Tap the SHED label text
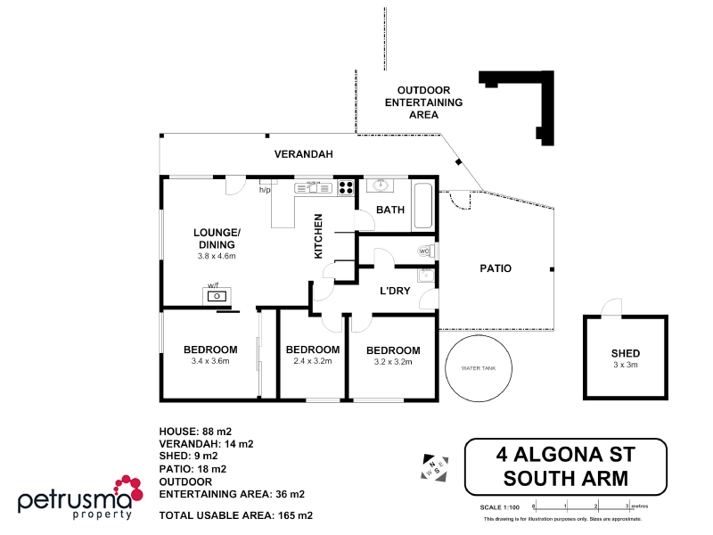625,353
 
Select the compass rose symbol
434,467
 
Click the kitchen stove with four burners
345,187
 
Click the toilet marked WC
427,251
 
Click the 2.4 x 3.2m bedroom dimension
312,361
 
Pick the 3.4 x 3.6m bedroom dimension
210,361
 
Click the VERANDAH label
303,154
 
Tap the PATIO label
496,267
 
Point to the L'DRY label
395,291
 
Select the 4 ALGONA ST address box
566,466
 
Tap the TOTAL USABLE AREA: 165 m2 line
235,515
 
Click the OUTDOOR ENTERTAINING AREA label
423,103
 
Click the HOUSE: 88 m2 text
195,431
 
